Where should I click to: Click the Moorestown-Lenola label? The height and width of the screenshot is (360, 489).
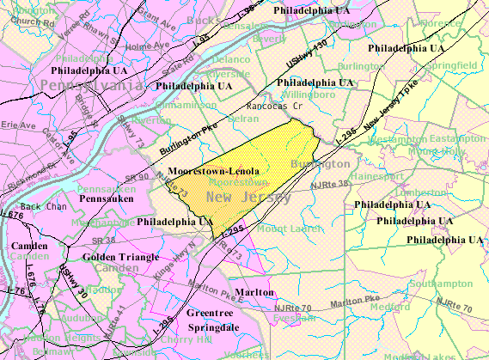[x=213, y=171]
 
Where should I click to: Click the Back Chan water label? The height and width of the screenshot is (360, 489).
[x=43, y=207]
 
